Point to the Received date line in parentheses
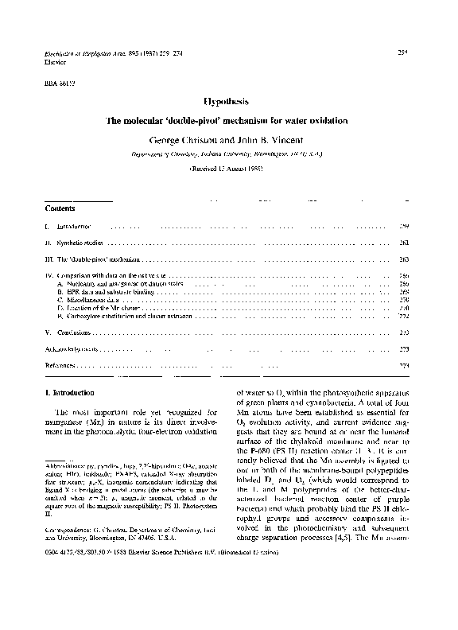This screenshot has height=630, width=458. click(229, 169)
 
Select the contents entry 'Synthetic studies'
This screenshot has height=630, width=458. click(80, 242)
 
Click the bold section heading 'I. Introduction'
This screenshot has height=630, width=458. click(71, 392)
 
